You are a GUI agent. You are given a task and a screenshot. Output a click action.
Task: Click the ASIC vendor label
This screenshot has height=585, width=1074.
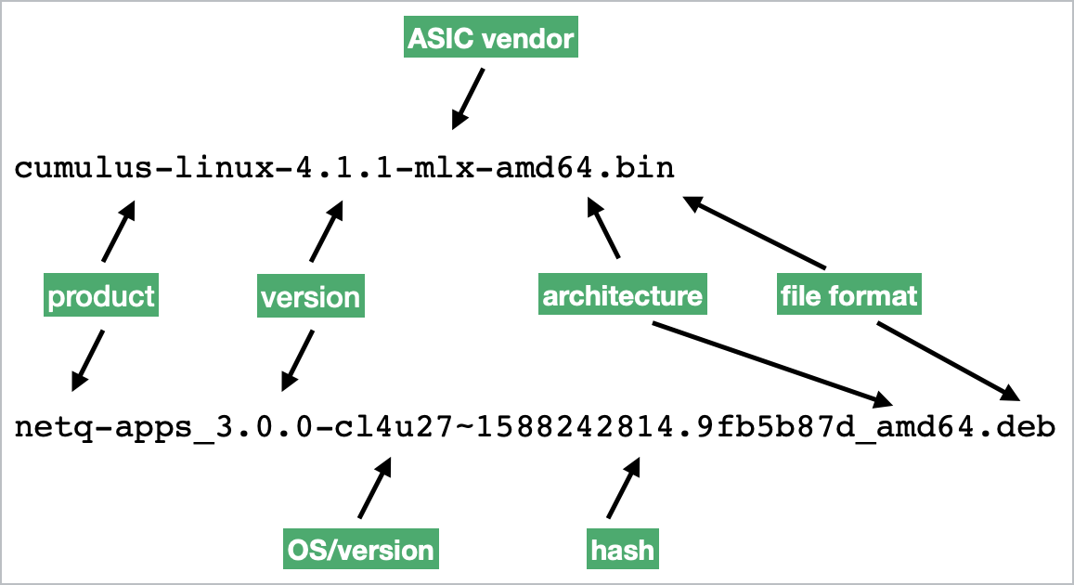click(491, 38)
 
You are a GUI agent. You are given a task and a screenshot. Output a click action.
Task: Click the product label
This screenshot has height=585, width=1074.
click(101, 296)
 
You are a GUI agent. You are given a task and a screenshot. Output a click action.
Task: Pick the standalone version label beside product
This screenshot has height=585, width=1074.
click(310, 297)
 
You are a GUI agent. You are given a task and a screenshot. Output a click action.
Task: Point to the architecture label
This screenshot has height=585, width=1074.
click(622, 295)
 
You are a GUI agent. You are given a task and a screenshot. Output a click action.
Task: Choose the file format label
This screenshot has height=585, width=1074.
click(848, 295)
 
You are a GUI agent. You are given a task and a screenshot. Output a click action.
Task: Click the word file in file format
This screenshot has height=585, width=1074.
click(796, 295)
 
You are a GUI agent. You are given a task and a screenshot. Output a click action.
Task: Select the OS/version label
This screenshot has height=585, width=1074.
click(360, 550)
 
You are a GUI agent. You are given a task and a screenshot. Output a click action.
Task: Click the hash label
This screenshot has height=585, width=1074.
click(622, 550)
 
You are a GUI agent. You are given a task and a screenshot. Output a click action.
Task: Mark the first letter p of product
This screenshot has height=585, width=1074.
click(55, 298)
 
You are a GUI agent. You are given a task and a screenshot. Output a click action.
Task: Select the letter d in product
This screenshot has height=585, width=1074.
click(101, 296)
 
